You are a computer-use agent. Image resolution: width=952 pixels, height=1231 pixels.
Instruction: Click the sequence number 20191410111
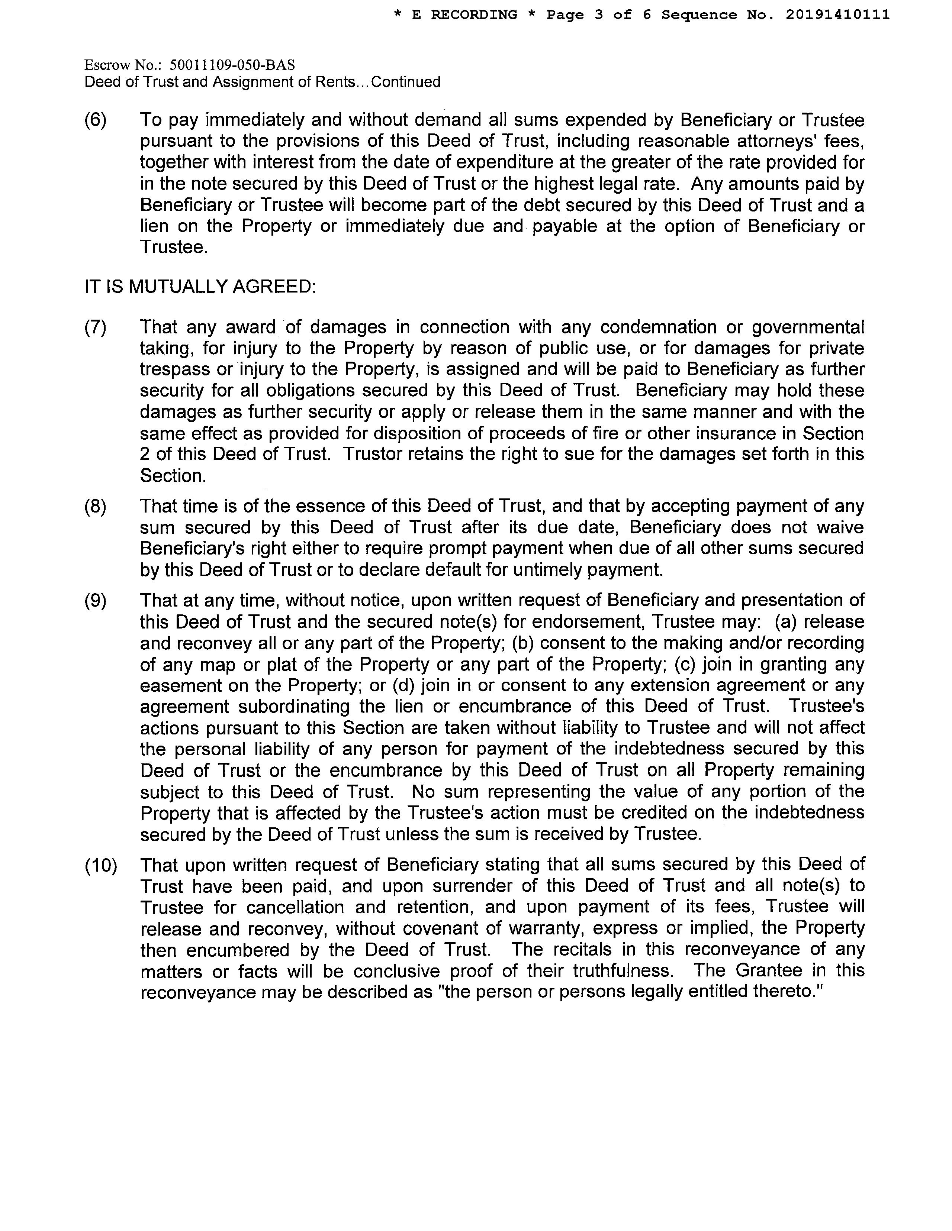837,14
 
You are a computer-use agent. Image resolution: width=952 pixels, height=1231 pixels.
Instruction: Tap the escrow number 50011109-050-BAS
232,65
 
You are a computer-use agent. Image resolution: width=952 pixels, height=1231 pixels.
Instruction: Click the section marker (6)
95,120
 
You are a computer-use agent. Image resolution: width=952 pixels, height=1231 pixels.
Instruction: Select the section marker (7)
95,327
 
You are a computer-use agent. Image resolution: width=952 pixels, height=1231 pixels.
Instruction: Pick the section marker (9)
95,600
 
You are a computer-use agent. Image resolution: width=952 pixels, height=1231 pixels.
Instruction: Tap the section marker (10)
101,865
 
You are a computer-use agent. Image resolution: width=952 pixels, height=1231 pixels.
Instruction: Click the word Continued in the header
406,82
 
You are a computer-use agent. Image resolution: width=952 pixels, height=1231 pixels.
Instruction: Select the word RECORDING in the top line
474,14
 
